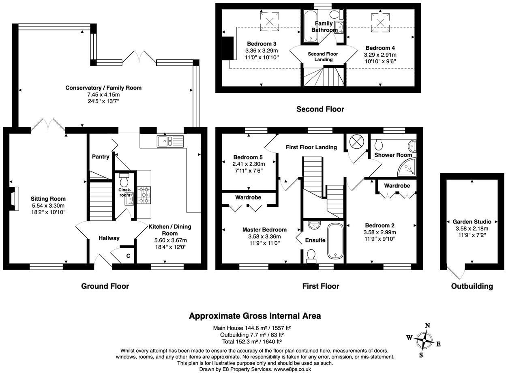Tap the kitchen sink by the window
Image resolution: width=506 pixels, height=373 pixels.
[170, 141]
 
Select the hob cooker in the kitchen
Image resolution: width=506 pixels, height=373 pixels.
[144, 194]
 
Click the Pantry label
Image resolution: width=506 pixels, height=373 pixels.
[101, 156]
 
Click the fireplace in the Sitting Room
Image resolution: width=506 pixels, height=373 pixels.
[14, 199]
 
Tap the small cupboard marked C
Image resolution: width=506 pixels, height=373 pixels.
[128, 255]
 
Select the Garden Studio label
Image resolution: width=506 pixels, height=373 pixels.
[472, 222]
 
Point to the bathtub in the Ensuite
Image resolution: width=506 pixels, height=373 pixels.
[336, 241]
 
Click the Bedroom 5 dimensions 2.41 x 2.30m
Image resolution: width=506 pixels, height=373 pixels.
[249, 164]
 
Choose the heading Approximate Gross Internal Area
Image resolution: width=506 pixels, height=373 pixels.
[255, 316]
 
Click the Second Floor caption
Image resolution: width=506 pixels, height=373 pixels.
[320, 109]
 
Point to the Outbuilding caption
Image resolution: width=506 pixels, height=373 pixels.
[472, 286]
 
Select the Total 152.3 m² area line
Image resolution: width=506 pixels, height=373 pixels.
[251, 341]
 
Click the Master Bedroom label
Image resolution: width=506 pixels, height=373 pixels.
[264, 229]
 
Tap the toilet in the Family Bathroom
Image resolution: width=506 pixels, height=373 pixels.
[336, 15]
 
